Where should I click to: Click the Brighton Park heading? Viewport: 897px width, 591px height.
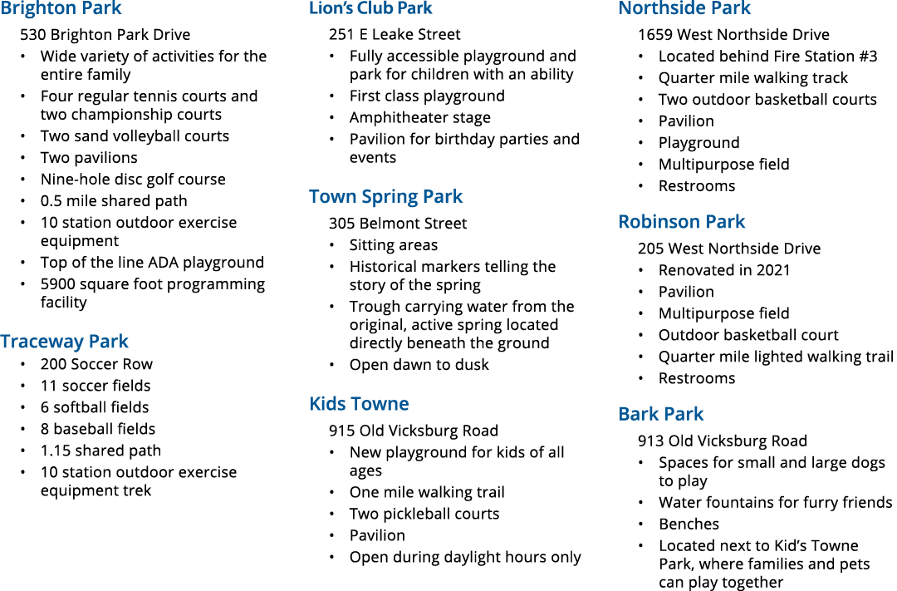click(x=61, y=8)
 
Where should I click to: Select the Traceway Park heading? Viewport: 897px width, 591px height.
click(x=64, y=342)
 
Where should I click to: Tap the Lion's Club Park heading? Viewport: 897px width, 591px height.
click(x=370, y=8)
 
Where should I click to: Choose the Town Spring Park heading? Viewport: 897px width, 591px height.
click(x=385, y=196)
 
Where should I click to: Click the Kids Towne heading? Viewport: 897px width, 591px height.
click(x=360, y=404)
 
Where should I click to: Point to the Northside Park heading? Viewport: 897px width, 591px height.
click(x=684, y=8)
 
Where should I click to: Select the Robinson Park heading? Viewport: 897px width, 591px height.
click(x=681, y=222)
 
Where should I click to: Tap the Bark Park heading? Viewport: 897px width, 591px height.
click(x=661, y=414)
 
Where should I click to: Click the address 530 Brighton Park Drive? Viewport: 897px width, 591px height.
click(x=105, y=35)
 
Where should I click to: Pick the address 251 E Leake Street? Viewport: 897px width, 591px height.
click(x=395, y=35)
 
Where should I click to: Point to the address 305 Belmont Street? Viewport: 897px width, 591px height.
click(x=398, y=224)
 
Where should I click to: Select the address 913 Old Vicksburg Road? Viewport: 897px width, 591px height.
click(x=723, y=441)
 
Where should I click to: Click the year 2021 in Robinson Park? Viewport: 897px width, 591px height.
click(x=773, y=270)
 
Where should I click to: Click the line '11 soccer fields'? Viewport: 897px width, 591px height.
click(x=96, y=386)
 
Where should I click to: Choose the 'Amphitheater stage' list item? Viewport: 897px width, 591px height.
click(x=420, y=118)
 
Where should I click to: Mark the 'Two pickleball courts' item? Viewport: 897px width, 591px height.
click(x=424, y=515)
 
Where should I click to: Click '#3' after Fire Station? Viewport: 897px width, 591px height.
click(x=866, y=57)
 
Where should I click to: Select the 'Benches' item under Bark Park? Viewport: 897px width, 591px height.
click(x=689, y=525)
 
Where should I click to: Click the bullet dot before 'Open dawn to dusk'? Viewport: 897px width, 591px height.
click(x=331, y=366)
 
